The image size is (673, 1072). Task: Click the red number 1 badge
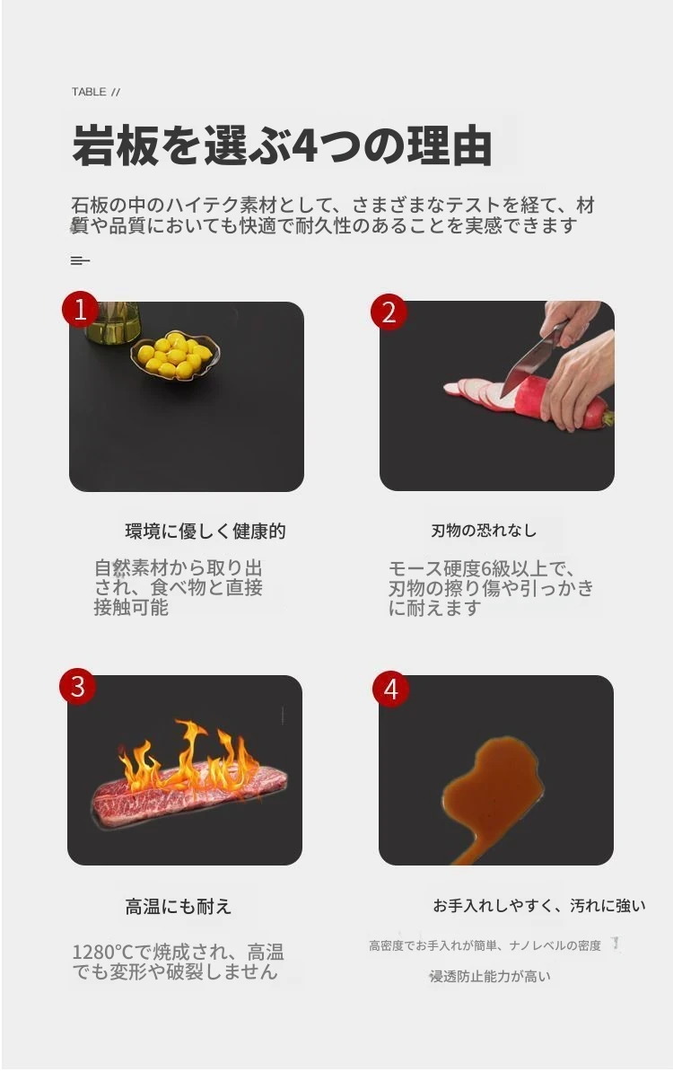tap(80, 310)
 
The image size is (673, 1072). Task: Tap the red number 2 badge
tap(389, 312)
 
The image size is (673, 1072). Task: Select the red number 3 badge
tap(78, 686)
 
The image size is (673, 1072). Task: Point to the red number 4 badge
tap(391, 689)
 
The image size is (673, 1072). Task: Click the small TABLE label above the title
tap(89, 92)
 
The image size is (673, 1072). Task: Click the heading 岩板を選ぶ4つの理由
tap(282, 145)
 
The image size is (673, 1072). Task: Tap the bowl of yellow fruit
tap(175, 355)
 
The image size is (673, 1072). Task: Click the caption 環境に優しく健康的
tap(205, 532)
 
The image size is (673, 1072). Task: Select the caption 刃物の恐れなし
tap(484, 531)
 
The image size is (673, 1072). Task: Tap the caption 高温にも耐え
tap(179, 907)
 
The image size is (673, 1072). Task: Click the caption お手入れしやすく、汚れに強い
tap(539, 906)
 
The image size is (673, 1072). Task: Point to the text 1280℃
tap(102, 952)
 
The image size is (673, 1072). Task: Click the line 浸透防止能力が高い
tap(490, 976)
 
